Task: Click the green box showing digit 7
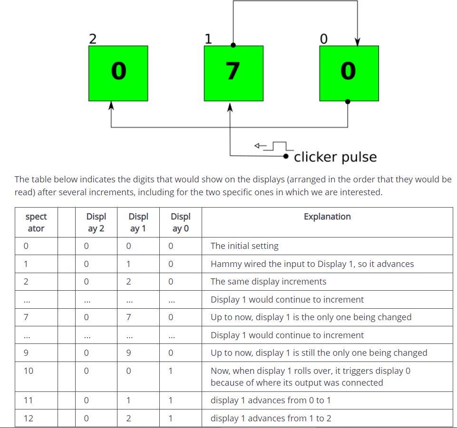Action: (x=233, y=73)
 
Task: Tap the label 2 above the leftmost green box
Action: (x=93, y=39)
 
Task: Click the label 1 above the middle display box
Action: (x=208, y=39)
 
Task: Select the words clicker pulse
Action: (x=335, y=157)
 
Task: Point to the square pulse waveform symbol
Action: (x=276, y=146)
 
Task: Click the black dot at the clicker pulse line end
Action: (x=286, y=156)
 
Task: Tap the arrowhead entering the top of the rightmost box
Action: (x=358, y=42)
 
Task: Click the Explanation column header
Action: (x=327, y=217)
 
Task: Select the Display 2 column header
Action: (x=96, y=222)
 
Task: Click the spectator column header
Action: (x=36, y=222)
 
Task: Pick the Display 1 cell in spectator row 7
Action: (x=128, y=317)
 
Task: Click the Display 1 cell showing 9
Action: (x=128, y=353)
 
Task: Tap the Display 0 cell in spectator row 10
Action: (x=171, y=371)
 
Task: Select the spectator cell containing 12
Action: (x=28, y=418)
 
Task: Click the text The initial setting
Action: (x=244, y=246)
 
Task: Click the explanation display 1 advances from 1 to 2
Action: (x=271, y=418)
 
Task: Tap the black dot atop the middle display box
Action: (x=233, y=46)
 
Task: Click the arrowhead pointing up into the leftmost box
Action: (x=111, y=105)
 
